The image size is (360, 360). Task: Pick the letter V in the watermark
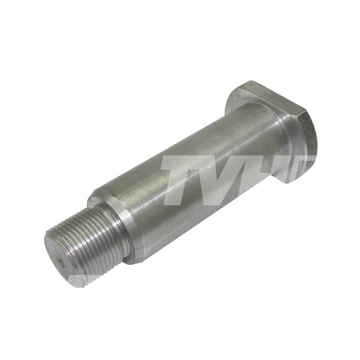click(230, 179)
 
